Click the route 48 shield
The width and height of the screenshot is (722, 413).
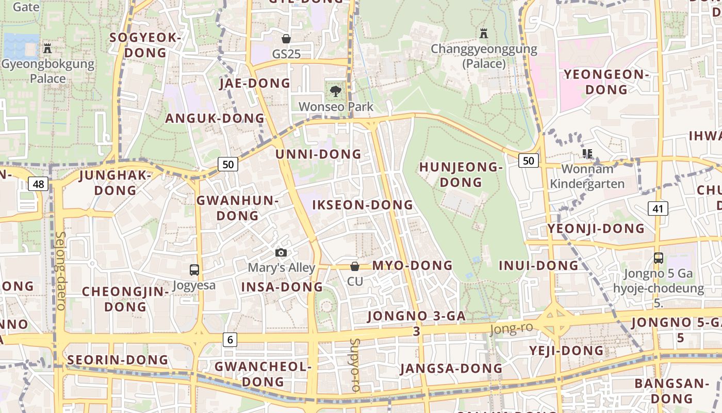click(39, 184)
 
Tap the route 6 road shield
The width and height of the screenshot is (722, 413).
click(230, 339)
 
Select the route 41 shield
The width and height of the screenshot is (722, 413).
click(658, 209)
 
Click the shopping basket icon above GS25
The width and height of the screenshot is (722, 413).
click(286, 39)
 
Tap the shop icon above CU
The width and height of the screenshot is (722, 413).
click(355, 266)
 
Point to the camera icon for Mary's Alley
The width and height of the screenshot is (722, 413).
click(281, 252)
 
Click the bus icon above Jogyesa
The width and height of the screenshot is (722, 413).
click(194, 269)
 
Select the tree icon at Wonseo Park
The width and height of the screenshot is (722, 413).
click(336, 91)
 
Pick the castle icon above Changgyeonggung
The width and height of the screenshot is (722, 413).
click(484, 34)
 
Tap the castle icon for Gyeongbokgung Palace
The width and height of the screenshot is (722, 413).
click(48, 49)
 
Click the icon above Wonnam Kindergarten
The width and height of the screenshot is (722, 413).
click(587, 153)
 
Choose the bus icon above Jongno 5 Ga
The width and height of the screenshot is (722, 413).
click(658, 258)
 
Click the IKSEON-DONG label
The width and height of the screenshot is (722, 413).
click(363, 205)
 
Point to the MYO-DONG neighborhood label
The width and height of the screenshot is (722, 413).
click(412, 266)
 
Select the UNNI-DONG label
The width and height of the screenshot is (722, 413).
click(318, 154)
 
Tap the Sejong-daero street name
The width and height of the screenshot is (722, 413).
click(60, 271)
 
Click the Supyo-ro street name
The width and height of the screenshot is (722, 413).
click(355, 364)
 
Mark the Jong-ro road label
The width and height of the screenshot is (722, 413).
click(511, 328)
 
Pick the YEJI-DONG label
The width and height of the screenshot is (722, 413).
click(566, 351)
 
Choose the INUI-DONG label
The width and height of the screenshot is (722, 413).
click(538, 266)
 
